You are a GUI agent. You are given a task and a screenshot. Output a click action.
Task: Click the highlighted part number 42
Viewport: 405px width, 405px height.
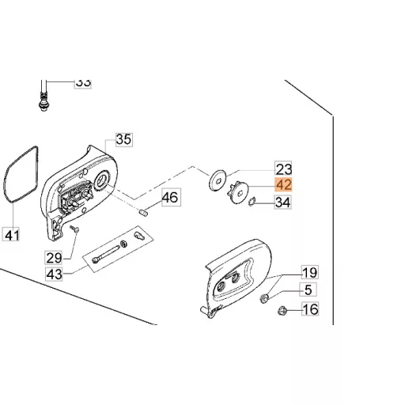[283, 184]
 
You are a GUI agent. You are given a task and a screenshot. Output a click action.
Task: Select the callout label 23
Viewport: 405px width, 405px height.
[283, 168]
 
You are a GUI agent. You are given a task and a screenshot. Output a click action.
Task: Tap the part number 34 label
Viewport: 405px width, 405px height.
[283, 202]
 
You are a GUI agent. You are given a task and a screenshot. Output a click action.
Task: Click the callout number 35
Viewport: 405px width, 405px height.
[124, 139]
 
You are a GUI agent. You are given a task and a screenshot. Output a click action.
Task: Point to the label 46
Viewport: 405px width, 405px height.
[171, 197]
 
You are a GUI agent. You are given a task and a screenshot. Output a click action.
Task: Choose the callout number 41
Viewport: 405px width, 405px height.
[11, 234]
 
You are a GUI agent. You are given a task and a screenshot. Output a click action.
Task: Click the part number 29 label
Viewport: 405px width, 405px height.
[54, 258]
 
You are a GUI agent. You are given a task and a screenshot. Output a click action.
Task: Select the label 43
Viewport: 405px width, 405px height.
[54, 274]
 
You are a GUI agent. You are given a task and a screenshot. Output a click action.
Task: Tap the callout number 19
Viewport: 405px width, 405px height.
[310, 272]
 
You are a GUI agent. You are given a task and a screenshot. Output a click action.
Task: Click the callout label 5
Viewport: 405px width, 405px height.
[308, 290]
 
